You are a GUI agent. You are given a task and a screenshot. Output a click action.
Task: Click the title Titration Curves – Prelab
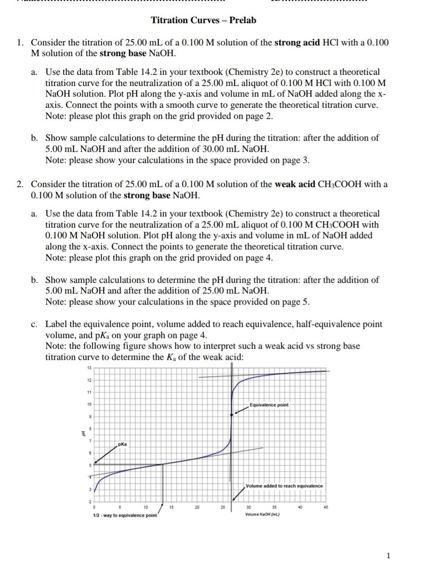pos(204,20)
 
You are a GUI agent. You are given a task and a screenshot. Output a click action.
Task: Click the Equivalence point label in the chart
pos(269,405)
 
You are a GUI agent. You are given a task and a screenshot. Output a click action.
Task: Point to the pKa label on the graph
pos(122,444)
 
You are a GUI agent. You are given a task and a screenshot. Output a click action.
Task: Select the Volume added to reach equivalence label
pos(284,486)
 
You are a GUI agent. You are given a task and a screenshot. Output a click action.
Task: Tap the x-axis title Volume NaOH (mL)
pos(262,515)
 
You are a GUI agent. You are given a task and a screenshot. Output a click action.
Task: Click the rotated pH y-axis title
pos(82,433)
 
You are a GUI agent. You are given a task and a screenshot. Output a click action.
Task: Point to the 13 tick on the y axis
pos(89,368)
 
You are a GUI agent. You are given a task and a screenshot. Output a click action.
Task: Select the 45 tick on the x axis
pos(326,507)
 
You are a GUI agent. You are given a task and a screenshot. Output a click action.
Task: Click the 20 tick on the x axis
pos(197,507)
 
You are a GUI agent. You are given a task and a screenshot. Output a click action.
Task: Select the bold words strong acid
pos(297,43)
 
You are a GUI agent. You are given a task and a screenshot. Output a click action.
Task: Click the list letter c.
pos(34,324)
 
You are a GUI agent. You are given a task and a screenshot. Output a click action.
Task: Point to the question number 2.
pos(20,184)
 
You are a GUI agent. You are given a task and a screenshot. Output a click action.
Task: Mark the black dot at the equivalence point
pos(231,415)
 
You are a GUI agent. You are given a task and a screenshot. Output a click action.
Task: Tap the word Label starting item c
pos(56,324)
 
